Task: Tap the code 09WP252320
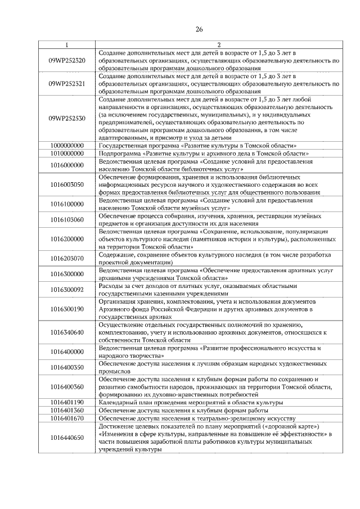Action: click(x=67, y=60)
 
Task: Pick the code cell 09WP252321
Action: click(x=67, y=83)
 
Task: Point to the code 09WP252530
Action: click(x=67, y=119)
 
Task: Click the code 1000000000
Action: click(x=67, y=145)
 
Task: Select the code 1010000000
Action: click(x=67, y=152)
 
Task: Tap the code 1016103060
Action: click(x=67, y=219)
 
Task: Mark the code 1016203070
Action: click(x=67, y=259)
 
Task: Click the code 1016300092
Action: click(x=67, y=290)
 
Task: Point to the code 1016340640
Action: click(x=67, y=332)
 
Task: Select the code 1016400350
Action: click(x=67, y=368)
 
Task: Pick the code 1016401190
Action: click(x=67, y=403)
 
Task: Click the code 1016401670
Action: click(x=67, y=418)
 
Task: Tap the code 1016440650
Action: click(x=67, y=438)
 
